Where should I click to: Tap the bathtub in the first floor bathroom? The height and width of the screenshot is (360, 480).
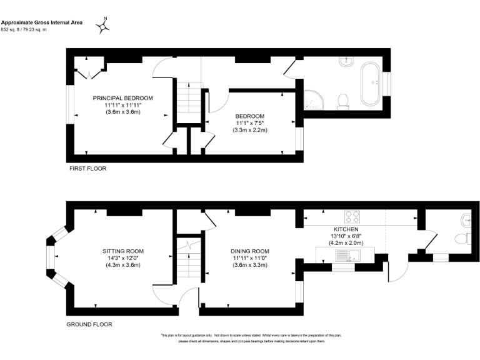[374, 81]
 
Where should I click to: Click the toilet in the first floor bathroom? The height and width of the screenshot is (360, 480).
[342, 101]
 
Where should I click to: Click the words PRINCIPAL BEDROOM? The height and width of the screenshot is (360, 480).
[123, 98]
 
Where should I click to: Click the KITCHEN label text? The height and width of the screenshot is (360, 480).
[345, 229]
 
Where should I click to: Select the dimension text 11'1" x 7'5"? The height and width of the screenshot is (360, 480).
[250, 123]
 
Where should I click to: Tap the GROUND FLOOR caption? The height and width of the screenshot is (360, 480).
[89, 324]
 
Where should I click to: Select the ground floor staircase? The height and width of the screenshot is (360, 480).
[187, 259]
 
